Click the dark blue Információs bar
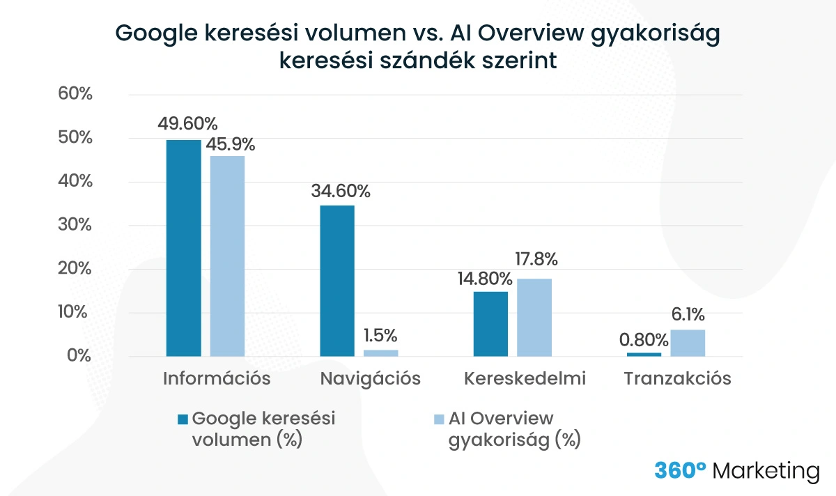(x=183, y=248)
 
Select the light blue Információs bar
(x=227, y=256)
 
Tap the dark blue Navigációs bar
(x=336, y=281)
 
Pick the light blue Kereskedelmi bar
(x=534, y=317)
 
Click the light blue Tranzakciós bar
(x=688, y=343)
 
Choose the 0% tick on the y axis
(x=79, y=356)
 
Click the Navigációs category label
(x=371, y=379)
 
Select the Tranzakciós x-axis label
(x=677, y=379)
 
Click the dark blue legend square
(x=183, y=419)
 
